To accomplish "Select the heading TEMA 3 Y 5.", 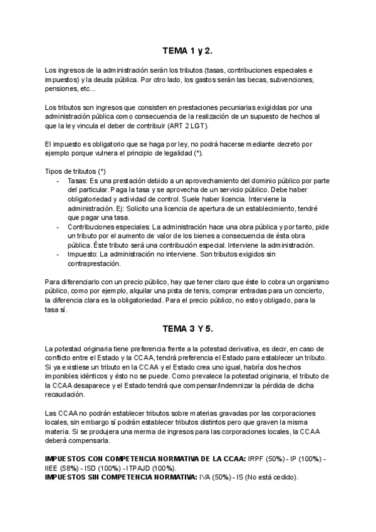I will point(187,327).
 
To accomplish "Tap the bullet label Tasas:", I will point(78,181).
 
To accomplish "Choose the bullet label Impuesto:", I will point(83,254).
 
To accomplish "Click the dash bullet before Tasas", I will point(58,181).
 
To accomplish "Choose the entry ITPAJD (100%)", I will point(151,468).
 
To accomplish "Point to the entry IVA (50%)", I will point(214,477).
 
